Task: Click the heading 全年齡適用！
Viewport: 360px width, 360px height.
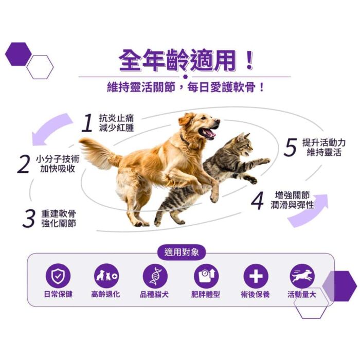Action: coord(186,60)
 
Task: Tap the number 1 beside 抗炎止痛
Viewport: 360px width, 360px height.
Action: coord(87,123)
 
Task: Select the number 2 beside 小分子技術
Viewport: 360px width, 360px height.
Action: coord(24,164)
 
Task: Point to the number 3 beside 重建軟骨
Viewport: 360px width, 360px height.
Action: coord(29,218)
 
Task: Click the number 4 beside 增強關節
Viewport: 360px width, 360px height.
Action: coord(257,201)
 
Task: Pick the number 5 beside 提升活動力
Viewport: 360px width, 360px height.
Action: coord(291,147)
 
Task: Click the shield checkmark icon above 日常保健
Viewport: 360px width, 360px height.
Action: coord(58,276)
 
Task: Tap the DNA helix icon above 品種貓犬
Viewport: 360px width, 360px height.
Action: coord(155,276)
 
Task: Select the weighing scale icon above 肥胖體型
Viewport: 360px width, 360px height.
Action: coord(206,276)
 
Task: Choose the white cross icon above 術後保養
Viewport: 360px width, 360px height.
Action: coord(256,276)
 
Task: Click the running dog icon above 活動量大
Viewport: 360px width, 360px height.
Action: coord(302,276)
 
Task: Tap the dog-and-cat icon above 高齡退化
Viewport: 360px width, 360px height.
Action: coord(106,276)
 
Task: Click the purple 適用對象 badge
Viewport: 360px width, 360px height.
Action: coord(182,253)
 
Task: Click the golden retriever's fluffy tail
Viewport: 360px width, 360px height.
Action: coord(100,152)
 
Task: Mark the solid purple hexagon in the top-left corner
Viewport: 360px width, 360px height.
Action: coord(19,54)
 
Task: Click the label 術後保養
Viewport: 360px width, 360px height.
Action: coord(255,294)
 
